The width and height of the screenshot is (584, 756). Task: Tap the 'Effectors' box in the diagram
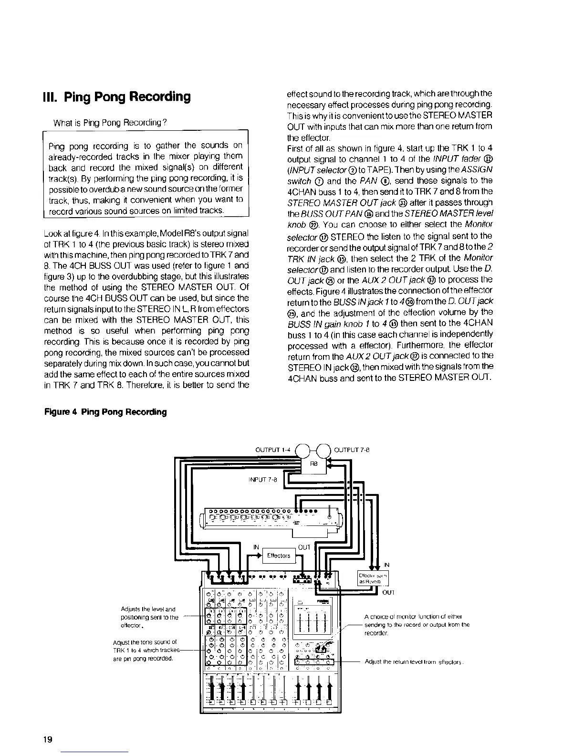[x=279, y=556]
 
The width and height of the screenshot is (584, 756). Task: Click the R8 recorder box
[x=313, y=463]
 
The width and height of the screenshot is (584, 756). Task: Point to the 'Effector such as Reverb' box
[x=373, y=578]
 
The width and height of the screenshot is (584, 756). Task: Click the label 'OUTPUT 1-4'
[x=273, y=450]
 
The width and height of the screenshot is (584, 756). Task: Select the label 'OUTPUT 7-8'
[x=352, y=450]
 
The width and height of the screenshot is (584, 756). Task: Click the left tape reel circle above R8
[x=304, y=449]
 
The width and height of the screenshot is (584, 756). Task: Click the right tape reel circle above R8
[x=323, y=449]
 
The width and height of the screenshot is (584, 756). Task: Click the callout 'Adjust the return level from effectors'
[x=414, y=662]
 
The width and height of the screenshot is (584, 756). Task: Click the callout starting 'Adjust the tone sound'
[x=145, y=650]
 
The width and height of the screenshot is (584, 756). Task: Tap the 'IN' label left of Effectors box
[x=256, y=547]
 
